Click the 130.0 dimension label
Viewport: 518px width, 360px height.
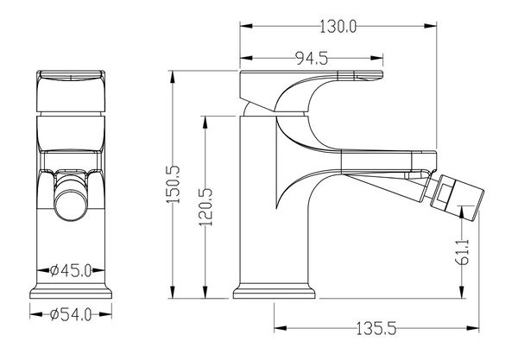pos(338,26)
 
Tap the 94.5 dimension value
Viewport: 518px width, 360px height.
pos(312,59)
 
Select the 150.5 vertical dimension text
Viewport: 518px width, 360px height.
pos(173,184)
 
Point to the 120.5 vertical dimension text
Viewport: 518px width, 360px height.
pos(205,207)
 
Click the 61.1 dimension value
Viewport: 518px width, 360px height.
pos(463,252)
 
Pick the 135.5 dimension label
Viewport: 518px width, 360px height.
pos(376,329)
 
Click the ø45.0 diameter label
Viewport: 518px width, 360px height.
pos(71,271)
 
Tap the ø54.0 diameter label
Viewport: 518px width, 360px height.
pos(71,315)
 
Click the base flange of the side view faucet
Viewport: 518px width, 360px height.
pos(274,291)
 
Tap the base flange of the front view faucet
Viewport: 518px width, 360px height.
pos(71,291)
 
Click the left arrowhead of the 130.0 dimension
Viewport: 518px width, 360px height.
pos(246,26)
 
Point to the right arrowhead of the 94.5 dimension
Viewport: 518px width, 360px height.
pos(377,58)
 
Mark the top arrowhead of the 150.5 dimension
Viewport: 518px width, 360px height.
pos(172,77)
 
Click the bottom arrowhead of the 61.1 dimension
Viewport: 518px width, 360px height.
pos(462,292)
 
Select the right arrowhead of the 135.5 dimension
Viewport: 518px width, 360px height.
pos(472,328)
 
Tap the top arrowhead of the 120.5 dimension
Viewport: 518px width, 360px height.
pos(205,123)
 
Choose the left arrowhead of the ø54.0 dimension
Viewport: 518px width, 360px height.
pos(36,314)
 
